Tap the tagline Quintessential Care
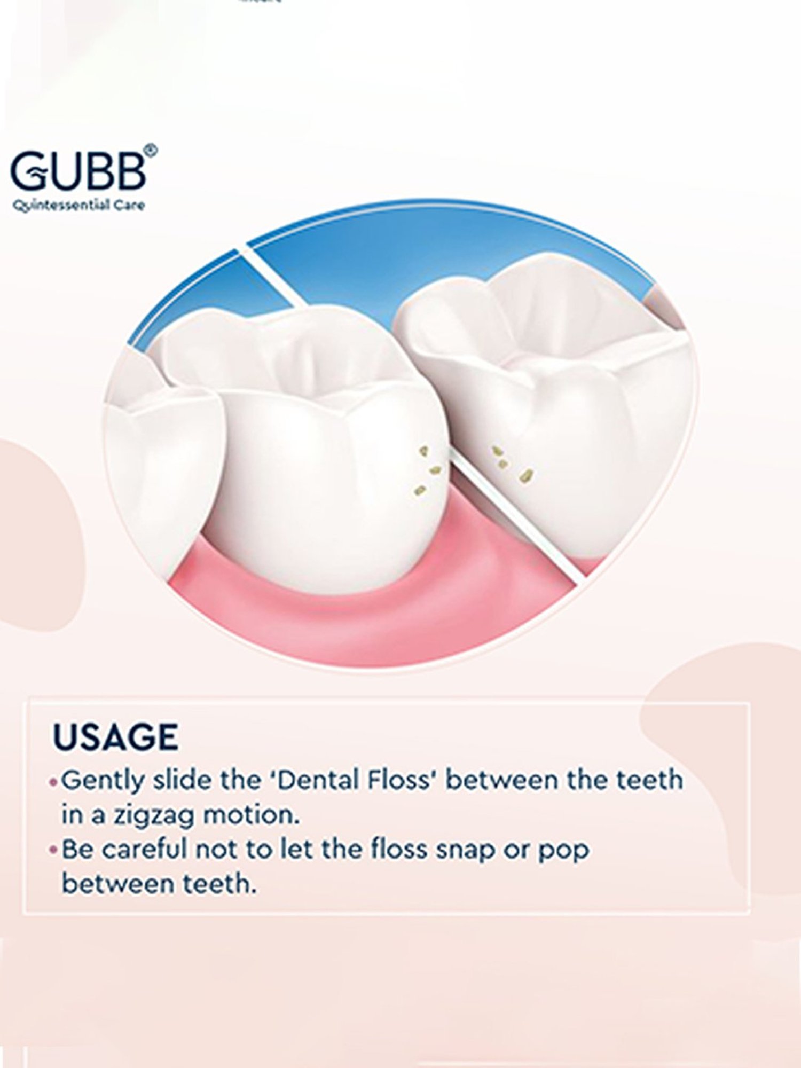[x=78, y=206]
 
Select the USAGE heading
[x=115, y=737]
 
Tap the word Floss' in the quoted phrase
[x=401, y=780]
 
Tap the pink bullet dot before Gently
[x=53, y=782]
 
